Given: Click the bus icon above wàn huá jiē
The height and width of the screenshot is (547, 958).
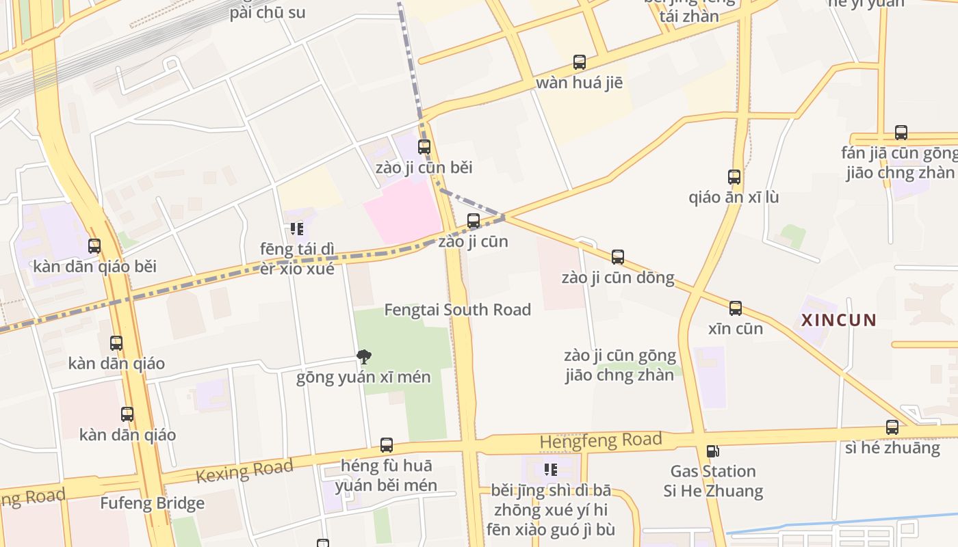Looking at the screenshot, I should click(580, 62).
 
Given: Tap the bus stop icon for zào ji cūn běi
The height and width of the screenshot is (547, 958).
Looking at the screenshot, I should click(424, 146).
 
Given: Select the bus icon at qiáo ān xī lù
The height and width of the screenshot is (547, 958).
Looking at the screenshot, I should click(734, 177).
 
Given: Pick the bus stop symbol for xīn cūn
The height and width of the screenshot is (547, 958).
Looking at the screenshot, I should click(736, 308).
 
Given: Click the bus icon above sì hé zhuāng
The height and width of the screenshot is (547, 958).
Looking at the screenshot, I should click(892, 427).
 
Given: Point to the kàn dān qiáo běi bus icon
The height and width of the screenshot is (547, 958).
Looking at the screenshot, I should click(94, 246).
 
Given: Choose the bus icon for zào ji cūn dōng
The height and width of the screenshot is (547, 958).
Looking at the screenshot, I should click(618, 257).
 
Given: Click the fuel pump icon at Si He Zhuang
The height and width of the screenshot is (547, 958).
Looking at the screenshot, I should click(712, 451).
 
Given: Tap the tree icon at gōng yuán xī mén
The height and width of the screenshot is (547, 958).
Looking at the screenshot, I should click(364, 356).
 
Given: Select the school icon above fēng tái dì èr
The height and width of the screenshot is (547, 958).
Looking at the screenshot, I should click(297, 229).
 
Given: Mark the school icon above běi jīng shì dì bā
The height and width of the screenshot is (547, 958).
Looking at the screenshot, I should click(551, 470).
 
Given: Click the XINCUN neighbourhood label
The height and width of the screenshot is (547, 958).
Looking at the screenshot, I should click(838, 320).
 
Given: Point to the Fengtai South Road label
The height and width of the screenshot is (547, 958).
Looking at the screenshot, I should click(457, 310).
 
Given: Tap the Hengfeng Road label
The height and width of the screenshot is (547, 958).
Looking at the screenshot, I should click(600, 440).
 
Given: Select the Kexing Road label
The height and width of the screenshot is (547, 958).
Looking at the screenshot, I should click(244, 471).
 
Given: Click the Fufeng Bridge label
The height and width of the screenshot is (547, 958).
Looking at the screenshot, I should click(152, 504).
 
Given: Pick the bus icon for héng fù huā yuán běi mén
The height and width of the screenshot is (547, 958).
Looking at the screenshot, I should click(387, 445).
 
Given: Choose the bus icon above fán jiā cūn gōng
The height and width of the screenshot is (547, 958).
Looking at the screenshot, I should click(901, 133).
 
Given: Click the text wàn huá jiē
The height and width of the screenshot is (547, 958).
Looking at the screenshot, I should click(579, 83).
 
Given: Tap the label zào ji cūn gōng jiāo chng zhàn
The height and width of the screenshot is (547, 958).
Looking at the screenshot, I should click(620, 365).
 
